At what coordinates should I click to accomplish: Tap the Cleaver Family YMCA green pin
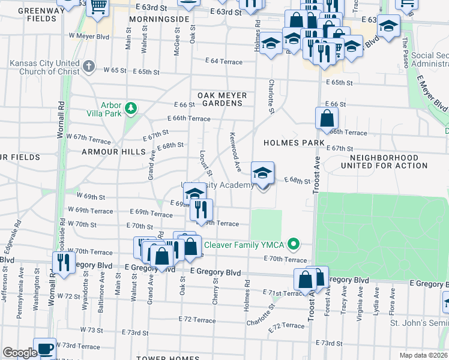click(x=294, y=244)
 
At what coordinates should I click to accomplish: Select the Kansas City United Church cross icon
click(x=89, y=66)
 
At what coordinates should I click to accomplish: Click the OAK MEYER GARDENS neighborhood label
click(x=221, y=99)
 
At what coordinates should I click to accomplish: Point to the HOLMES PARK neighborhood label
click(x=293, y=143)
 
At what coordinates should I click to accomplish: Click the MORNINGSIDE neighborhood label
click(x=155, y=18)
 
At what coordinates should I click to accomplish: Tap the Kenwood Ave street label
click(x=236, y=151)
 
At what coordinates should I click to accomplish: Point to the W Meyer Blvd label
click(x=88, y=37)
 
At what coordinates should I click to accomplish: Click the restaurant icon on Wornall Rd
click(x=62, y=262)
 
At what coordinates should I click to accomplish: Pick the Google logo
click(x=20, y=352)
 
